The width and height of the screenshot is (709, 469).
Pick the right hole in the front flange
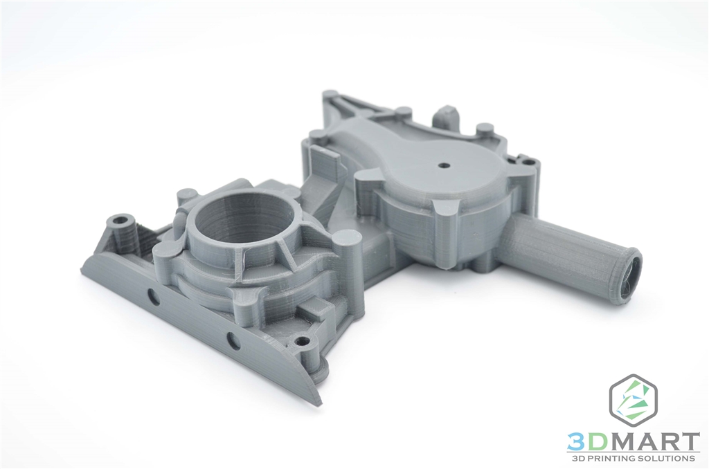tap(233, 340)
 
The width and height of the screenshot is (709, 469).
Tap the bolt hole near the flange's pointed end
tap(301, 341)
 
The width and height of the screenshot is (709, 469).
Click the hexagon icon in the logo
tap(633, 401)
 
